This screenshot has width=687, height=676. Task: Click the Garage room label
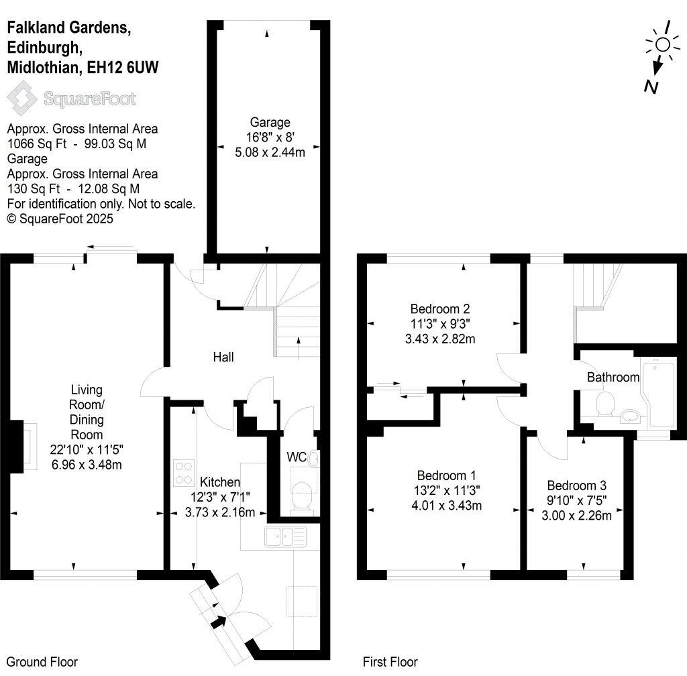270,122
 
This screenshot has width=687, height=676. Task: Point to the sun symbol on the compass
662,44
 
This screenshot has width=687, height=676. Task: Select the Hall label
223,357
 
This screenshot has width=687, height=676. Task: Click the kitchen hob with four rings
182,471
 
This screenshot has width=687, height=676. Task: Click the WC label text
296,457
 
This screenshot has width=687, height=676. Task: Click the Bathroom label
613,377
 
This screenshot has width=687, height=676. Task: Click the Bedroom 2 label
439,309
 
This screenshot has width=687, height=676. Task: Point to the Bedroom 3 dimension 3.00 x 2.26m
576,516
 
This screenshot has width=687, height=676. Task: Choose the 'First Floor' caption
390,662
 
